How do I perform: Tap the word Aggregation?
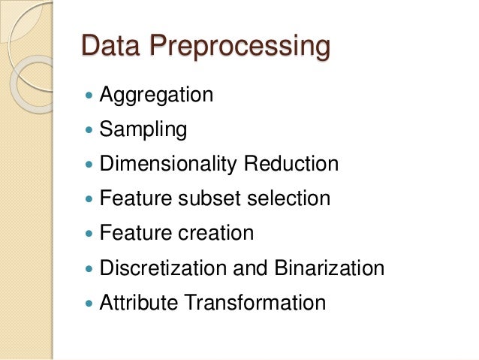click(x=156, y=96)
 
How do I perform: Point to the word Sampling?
click(x=143, y=131)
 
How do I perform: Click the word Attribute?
click(x=138, y=302)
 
